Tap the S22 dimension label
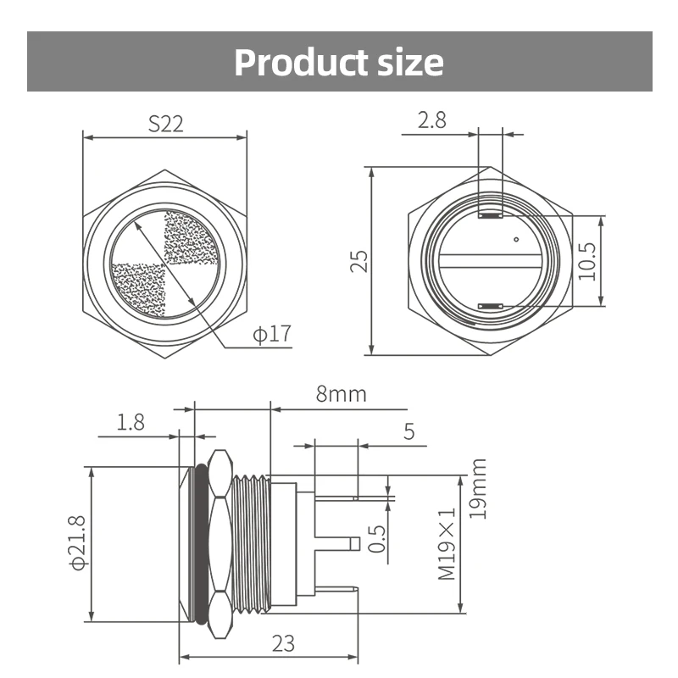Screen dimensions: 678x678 click(x=165, y=123)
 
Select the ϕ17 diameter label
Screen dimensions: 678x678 click(x=271, y=334)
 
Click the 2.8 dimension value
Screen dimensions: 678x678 click(x=431, y=120)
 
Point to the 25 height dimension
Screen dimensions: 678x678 click(x=359, y=260)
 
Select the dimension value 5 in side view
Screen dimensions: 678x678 click(x=408, y=432)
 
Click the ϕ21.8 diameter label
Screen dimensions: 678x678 click(x=78, y=543)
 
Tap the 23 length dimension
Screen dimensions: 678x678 click(x=283, y=643)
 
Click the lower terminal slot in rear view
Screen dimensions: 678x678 click(x=491, y=305)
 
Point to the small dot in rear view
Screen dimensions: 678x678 click(x=516, y=241)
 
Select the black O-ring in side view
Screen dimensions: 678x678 click(x=201, y=543)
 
